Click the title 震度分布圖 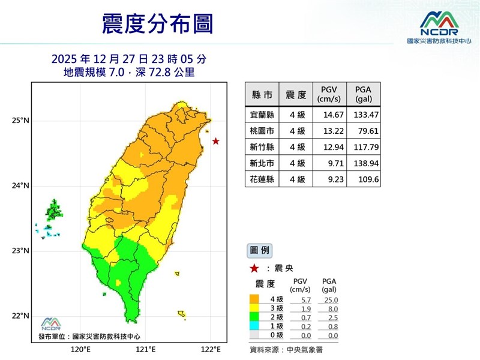(157, 25)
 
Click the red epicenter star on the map (216, 142)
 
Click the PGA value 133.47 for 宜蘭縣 (365, 114)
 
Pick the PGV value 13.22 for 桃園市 (328, 130)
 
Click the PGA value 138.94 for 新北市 (365, 163)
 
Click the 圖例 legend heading (259, 249)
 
